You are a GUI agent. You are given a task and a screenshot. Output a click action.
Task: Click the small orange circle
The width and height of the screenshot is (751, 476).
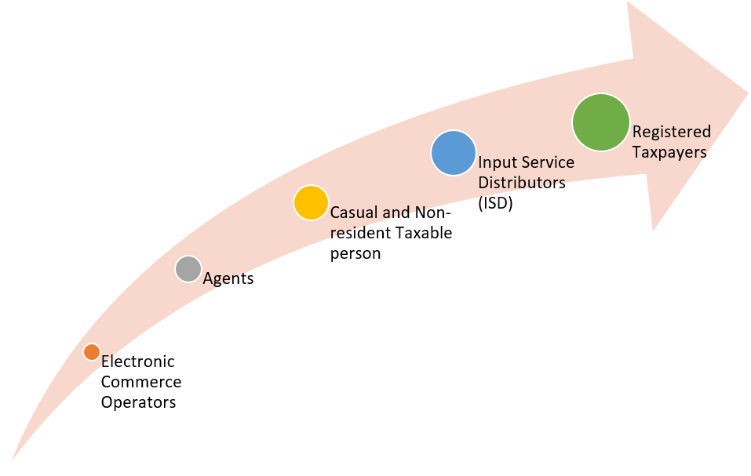tap(92, 352)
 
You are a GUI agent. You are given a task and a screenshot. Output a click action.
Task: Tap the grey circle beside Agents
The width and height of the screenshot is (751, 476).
tap(188, 269)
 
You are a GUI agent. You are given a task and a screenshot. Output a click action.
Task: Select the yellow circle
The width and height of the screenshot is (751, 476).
tap(311, 203)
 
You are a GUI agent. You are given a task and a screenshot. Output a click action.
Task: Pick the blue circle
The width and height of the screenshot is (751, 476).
tap(453, 153)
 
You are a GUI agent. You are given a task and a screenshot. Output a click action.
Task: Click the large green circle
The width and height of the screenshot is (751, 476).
tap(600, 122)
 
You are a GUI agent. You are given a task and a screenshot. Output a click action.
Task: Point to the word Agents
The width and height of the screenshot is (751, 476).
tap(228, 278)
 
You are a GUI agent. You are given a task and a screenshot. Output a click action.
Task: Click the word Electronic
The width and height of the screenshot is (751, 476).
tap(138, 362)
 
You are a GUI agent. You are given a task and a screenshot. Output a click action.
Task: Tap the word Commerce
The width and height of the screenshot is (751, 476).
tap(141, 382)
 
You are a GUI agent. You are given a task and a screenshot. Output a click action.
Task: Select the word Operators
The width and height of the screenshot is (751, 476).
tap(138, 402)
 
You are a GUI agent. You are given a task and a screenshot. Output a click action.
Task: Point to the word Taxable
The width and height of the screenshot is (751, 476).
tap(422, 233)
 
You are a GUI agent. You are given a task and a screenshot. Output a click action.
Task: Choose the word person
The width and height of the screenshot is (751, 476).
tap(355, 253)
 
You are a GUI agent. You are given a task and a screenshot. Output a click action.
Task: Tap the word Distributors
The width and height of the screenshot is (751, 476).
tap(522, 183)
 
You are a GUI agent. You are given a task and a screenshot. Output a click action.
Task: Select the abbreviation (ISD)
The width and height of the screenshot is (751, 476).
tap(496, 203)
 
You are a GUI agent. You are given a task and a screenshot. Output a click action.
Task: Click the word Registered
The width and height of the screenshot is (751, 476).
tap(672, 132)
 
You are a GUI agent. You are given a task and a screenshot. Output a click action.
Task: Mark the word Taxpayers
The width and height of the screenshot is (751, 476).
tap(669, 152)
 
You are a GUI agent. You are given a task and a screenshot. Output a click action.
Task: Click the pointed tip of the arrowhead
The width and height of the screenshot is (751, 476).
tap(748, 93)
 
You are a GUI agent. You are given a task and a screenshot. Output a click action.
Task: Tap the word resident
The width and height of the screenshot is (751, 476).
tap(359, 233)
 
